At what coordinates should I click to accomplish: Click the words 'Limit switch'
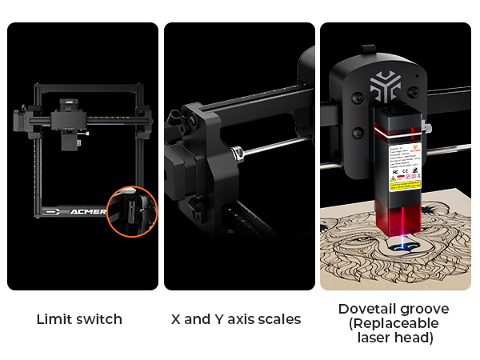tap(79, 319)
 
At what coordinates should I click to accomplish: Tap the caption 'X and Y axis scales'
tap(236, 319)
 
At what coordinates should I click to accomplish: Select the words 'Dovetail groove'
tap(394, 309)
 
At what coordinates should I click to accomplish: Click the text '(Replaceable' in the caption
tap(394, 323)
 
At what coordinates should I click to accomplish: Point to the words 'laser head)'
tap(394, 338)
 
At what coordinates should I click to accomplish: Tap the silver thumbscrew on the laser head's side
tap(429, 127)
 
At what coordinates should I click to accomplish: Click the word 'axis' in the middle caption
tap(242, 319)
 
